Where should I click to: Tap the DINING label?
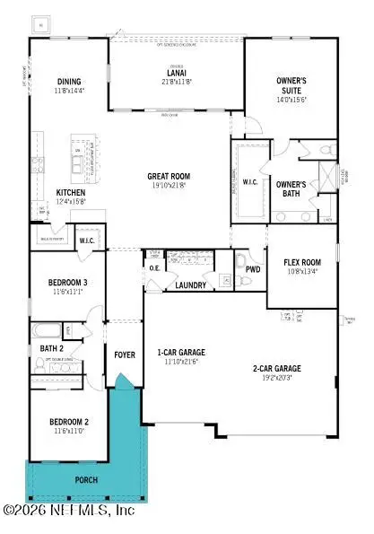[x=69, y=80]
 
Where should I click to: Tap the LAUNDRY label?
[x=191, y=285]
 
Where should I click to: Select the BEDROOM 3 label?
[x=69, y=283]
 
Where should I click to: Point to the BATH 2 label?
[x=51, y=347]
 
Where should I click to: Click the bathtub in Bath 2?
[x=48, y=329]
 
